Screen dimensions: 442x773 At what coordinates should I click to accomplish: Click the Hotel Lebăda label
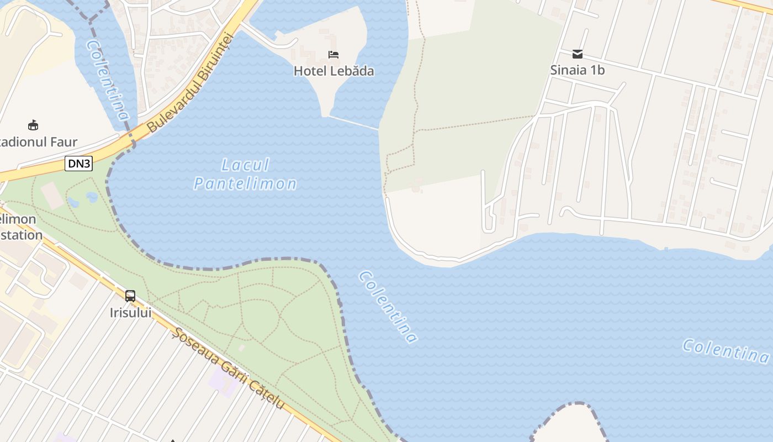(x=333, y=71)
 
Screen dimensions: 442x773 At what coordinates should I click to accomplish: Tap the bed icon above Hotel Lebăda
(x=333, y=54)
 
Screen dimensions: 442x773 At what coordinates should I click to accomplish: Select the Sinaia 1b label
(x=578, y=70)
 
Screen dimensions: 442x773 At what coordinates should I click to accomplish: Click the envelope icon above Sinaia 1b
(x=578, y=54)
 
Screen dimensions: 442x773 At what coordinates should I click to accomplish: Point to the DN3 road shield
(x=78, y=163)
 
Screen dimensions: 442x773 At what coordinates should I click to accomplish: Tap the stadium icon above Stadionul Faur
(x=34, y=125)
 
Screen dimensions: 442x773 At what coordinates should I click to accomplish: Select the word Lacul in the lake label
(x=245, y=165)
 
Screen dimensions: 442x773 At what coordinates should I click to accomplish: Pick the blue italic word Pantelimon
(x=245, y=183)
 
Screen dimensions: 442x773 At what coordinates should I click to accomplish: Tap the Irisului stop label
(x=130, y=313)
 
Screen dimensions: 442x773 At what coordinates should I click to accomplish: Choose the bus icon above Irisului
(x=130, y=296)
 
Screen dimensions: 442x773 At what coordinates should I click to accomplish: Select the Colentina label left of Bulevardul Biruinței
(x=108, y=80)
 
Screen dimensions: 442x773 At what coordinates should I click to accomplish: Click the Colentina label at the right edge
(x=726, y=351)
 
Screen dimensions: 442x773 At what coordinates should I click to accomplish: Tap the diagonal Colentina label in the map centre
(x=388, y=307)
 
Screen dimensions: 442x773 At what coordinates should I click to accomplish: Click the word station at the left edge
(x=22, y=235)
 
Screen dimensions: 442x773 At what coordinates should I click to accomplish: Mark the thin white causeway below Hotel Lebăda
(x=353, y=123)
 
